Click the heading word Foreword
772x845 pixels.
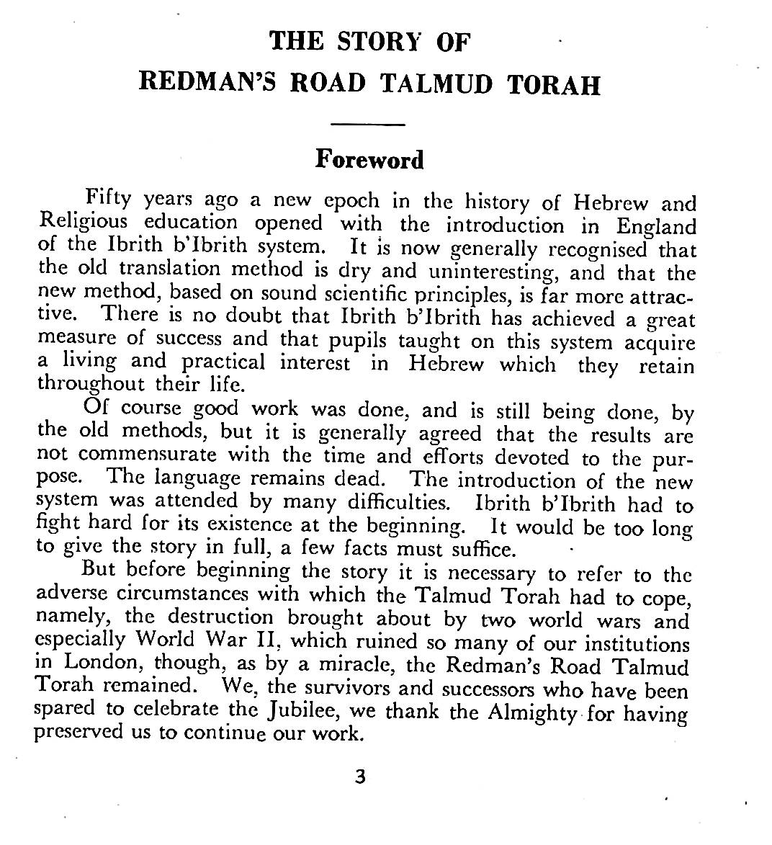coord(369,159)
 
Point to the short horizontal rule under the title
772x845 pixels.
coord(369,125)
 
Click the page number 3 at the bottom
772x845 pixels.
coord(361,777)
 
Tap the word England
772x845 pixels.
coord(656,227)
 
